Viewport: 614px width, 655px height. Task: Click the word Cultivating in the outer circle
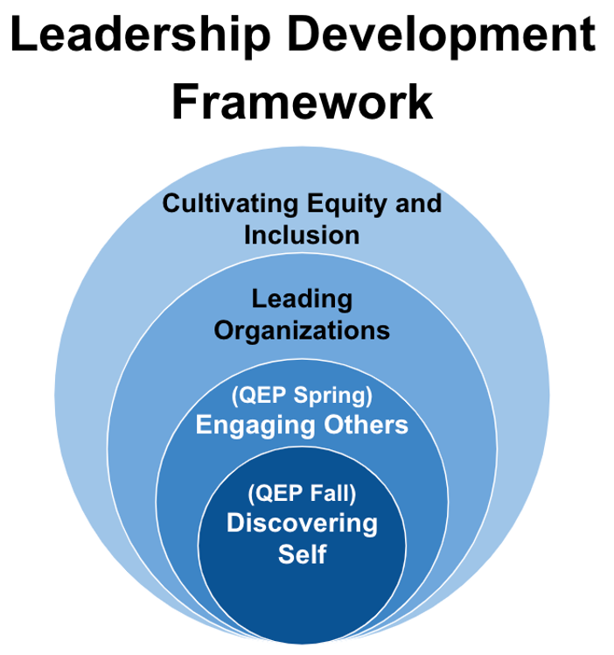tap(229, 203)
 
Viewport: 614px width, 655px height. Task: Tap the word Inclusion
tap(302, 235)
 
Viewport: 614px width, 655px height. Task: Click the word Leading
tap(302, 299)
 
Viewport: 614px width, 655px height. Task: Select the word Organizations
tap(302, 330)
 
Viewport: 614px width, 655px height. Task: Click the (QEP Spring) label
tap(302, 396)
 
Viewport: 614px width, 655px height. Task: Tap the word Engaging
tap(250, 426)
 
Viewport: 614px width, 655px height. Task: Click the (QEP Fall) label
tap(302, 493)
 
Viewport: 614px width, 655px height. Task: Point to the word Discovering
tap(302, 524)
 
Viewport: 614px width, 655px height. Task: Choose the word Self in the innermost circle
tap(302, 554)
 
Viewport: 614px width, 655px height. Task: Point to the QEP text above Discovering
tap(277, 493)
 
